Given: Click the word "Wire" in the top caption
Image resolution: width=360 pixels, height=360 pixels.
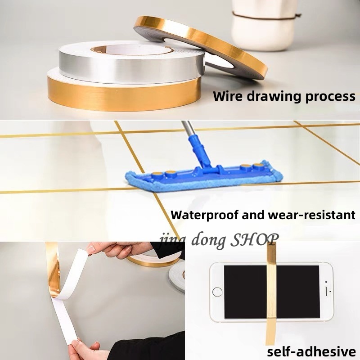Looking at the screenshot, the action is (228, 96).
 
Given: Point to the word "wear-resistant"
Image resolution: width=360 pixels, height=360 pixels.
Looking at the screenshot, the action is (312, 215).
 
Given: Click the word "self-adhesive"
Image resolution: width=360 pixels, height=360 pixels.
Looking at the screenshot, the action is (311, 351).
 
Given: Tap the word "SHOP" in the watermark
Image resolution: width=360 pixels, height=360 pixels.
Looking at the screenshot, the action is (254, 240).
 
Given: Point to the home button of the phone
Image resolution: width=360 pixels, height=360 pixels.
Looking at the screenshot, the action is (217, 292).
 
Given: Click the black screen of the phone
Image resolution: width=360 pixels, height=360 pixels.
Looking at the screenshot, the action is (272, 292).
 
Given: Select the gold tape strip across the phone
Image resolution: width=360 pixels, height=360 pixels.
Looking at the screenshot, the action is (271, 293).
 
